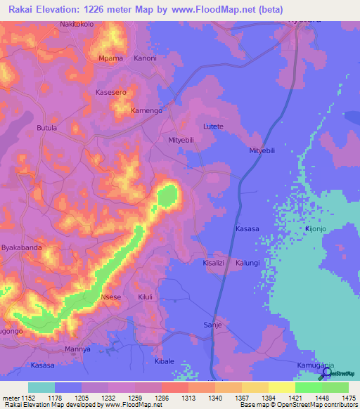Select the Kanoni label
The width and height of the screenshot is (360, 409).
click(145, 58)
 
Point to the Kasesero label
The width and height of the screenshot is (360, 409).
click(110, 93)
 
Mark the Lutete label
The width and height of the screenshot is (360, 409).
click(213, 126)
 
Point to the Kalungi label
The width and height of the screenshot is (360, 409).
click(248, 262)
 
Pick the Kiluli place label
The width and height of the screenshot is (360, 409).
click(146, 297)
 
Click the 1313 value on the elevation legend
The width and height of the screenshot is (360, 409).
click(188, 398)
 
